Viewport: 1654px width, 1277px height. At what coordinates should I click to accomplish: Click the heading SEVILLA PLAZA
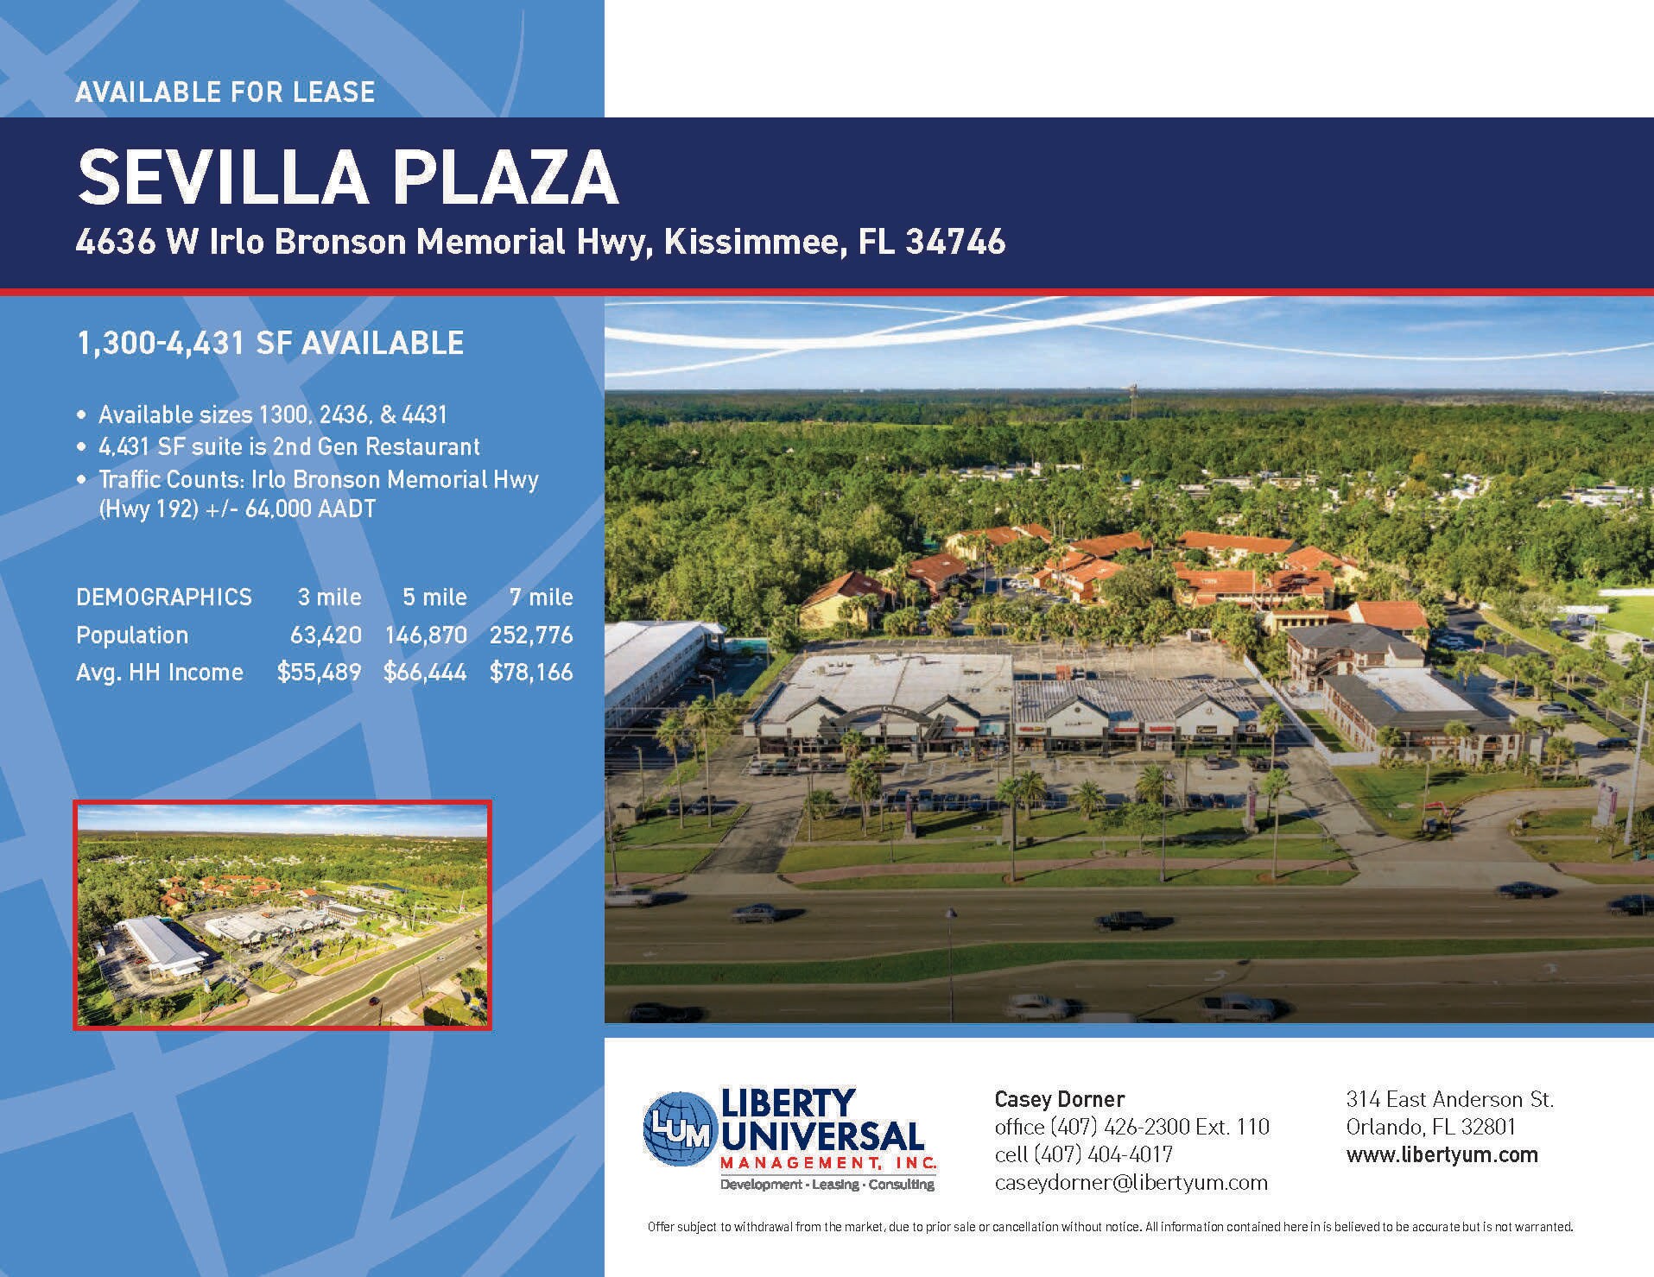click(x=347, y=177)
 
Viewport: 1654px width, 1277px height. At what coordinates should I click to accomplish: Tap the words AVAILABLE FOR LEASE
click(x=225, y=92)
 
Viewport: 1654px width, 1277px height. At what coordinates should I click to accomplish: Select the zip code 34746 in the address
click(x=956, y=242)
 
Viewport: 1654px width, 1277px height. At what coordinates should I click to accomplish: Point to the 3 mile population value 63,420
click(x=326, y=635)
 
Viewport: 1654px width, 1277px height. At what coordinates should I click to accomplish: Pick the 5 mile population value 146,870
click(x=426, y=635)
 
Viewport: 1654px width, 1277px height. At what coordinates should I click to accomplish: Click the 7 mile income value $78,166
click(x=531, y=673)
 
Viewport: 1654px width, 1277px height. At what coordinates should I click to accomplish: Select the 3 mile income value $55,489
click(x=319, y=673)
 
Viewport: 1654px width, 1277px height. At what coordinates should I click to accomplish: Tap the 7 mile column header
click(x=542, y=597)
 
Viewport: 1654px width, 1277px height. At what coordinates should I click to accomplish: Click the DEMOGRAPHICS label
click(x=164, y=597)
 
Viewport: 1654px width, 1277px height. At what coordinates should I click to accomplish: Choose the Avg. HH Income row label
click(x=160, y=673)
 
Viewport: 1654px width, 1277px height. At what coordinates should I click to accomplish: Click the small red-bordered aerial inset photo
click(x=282, y=915)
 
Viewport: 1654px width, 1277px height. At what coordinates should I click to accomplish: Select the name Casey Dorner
click(x=1060, y=1099)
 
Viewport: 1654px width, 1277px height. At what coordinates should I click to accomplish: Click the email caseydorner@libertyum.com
click(x=1131, y=1183)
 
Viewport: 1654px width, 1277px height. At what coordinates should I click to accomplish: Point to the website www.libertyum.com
click(x=1442, y=1154)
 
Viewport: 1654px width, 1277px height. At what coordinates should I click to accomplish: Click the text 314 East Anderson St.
click(x=1449, y=1099)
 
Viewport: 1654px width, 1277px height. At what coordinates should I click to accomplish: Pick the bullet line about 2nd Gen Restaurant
click(x=288, y=447)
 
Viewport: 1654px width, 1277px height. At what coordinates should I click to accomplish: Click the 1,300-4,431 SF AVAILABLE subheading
click(x=270, y=344)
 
